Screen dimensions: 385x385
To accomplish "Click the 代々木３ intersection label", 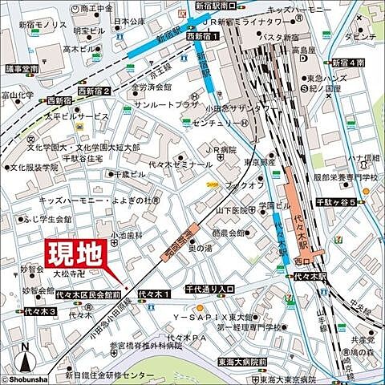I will (x=40, y=311).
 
